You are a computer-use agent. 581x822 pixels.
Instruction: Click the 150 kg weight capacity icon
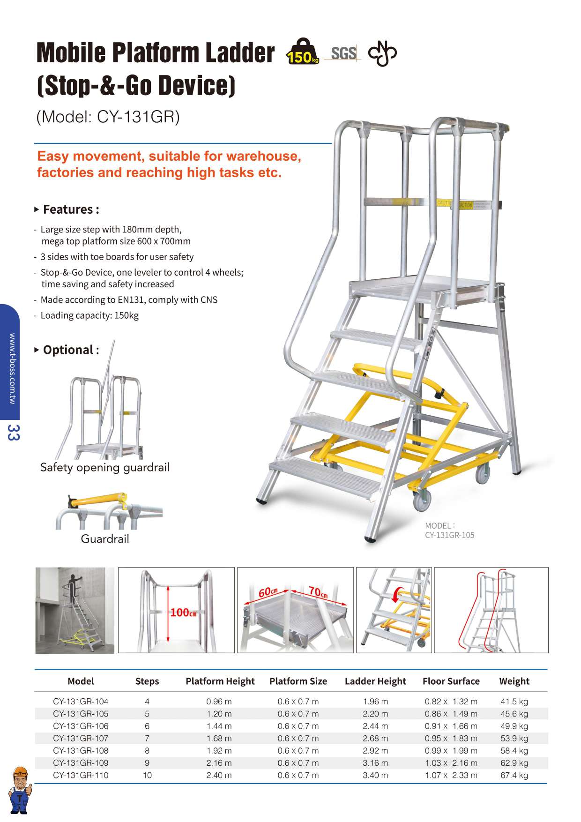pyautogui.click(x=302, y=52)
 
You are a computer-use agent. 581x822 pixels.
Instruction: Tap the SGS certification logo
pyautogui.click(x=343, y=53)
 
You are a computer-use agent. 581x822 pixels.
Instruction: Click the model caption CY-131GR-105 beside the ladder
pyautogui.click(x=449, y=535)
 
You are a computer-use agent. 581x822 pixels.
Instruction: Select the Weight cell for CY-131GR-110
pyautogui.click(x=514, y=775)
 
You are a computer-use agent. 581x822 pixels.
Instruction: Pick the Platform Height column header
pyautogui.click(x=220, y=681)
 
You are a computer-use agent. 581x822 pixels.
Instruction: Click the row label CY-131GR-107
pyautogui.click(x=81, y=738)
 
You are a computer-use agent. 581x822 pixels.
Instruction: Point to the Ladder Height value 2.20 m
pyautogui.click(x=375, y=714)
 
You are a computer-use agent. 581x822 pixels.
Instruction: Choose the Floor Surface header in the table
pyautogui.click(x=451, y=681)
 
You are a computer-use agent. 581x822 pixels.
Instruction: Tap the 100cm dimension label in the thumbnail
pyautogui.click(x=183, y=612)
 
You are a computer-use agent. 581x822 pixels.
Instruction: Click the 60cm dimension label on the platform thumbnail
pyautogui.click(x=268, y=592)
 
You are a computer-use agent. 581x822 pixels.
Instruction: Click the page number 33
pyautogui.click(x=13, y=432)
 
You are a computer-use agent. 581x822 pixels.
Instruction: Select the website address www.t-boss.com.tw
pyautogui.click(x=13, y=368)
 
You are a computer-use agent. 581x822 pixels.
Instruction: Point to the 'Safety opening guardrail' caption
pyautogui.click(x=104, y=467)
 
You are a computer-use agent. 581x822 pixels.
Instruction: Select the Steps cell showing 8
pyautogui.click(x=147, y=750)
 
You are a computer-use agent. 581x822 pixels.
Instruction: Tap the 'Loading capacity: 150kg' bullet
pyautogui.click(x=89, y=315)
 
